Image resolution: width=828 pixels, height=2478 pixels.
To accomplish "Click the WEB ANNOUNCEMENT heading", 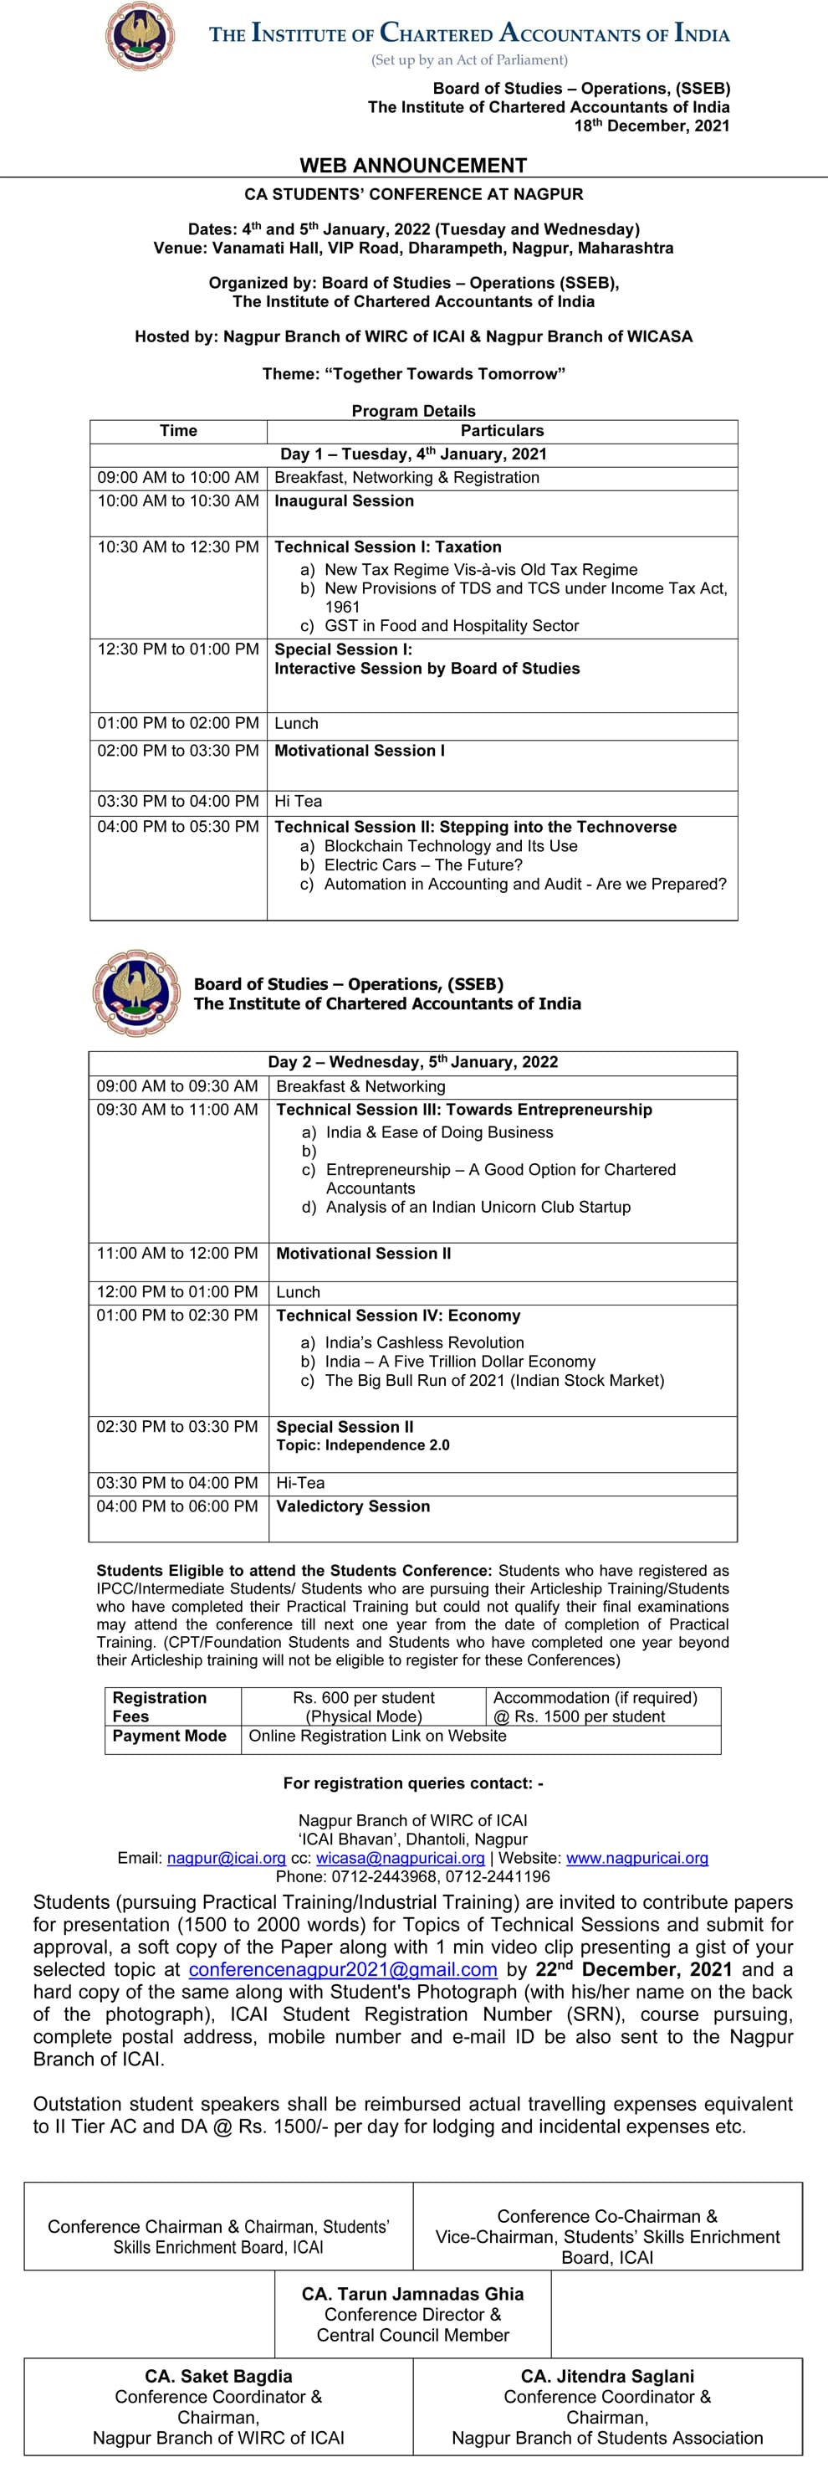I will point(413,166).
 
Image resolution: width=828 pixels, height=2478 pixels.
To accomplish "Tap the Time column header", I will point(178,431).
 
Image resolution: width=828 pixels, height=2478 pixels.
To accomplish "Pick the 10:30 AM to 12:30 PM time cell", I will point(178,547).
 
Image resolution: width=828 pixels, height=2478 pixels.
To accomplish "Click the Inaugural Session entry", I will point(345,501).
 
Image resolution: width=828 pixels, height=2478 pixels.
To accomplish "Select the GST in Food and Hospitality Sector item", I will point(451,625).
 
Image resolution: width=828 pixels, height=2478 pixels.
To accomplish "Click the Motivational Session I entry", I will point(360,751).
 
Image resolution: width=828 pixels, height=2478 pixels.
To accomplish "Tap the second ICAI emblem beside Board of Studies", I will point(136,993).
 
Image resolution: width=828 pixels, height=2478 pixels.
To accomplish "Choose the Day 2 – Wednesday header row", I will point(412,1062).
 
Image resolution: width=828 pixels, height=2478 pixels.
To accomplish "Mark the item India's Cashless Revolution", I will point(424,1342).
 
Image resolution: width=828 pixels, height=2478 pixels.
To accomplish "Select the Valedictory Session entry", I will point(353,1506).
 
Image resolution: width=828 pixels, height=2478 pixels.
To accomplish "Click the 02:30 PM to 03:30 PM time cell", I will point(177,1427).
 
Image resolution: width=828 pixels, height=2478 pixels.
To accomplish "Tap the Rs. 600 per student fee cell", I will point(364,1698).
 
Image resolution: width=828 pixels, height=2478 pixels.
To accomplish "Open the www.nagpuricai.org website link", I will point(636,1859).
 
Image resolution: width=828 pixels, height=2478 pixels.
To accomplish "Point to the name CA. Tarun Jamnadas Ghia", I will point(412,2294).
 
